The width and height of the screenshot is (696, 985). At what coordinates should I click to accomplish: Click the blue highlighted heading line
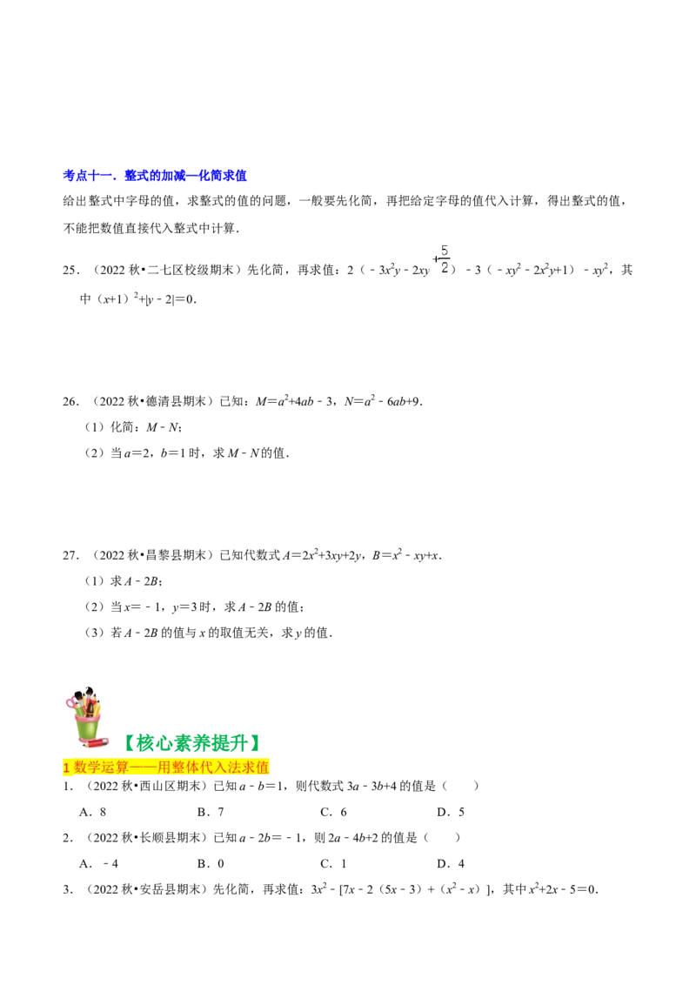(157, 177)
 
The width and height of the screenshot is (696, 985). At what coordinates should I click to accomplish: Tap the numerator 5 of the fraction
(444, 251)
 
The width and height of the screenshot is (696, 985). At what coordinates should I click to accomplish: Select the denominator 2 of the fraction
(444, 268)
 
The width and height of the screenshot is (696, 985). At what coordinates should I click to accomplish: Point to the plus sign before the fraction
(435, 259)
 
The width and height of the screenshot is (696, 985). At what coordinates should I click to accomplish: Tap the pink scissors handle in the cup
(71, 702)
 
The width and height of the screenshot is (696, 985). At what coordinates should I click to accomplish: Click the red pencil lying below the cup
(94, 745)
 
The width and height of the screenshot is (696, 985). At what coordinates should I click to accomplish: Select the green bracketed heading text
(193, 742)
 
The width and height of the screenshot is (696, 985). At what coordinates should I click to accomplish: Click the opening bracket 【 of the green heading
(130, 742)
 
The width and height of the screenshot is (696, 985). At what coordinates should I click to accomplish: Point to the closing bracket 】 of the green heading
(256, 742)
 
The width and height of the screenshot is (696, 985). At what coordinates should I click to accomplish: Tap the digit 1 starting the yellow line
(67, 767)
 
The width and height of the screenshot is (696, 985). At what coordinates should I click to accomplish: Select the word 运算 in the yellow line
(116, 767)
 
